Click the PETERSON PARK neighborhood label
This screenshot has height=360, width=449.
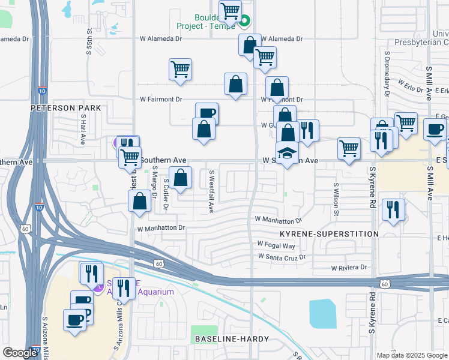[67, 108]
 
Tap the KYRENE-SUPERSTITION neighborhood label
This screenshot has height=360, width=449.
[329, 233]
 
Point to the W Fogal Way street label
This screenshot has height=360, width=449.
[276, 245]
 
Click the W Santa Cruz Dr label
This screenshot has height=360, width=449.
[282, 257]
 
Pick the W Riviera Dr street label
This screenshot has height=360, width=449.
[350, 268]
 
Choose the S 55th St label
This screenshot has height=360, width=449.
[89, 40]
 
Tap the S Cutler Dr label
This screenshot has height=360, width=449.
[165, 198]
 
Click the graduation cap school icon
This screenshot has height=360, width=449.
[287, 153]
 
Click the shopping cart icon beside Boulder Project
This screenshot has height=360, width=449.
[230, 10]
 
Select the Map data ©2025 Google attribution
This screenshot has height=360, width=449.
[411, 355]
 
